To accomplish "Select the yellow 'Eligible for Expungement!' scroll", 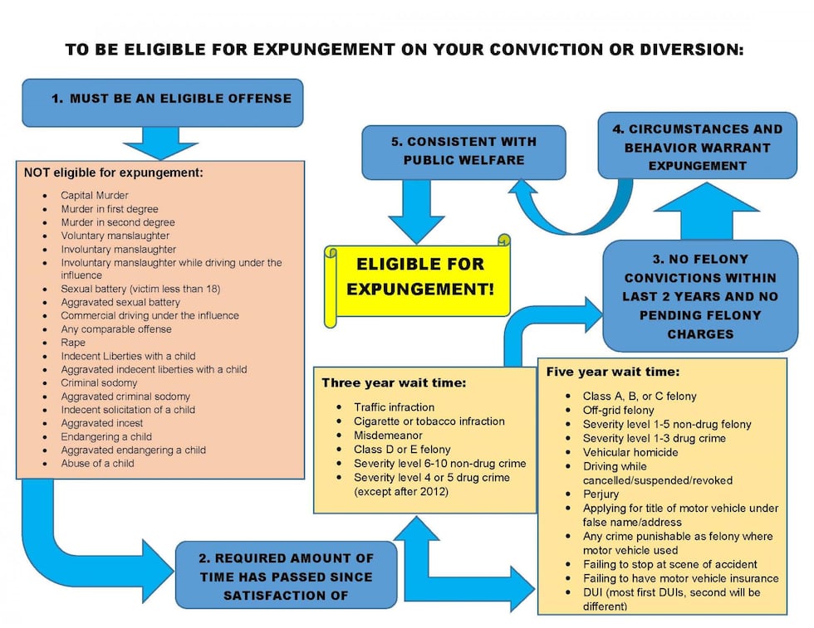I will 419,277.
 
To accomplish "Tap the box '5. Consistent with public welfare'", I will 463,151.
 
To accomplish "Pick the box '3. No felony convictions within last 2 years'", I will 699,296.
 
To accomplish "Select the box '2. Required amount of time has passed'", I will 286,577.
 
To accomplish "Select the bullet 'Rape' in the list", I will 72,343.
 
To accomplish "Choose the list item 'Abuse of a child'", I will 97,463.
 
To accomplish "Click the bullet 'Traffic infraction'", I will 394,407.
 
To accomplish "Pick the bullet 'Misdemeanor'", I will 388,436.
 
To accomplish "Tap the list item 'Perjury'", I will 601,494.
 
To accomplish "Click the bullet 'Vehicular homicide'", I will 630,452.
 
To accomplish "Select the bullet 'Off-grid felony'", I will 618,410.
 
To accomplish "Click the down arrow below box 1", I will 160,143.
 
